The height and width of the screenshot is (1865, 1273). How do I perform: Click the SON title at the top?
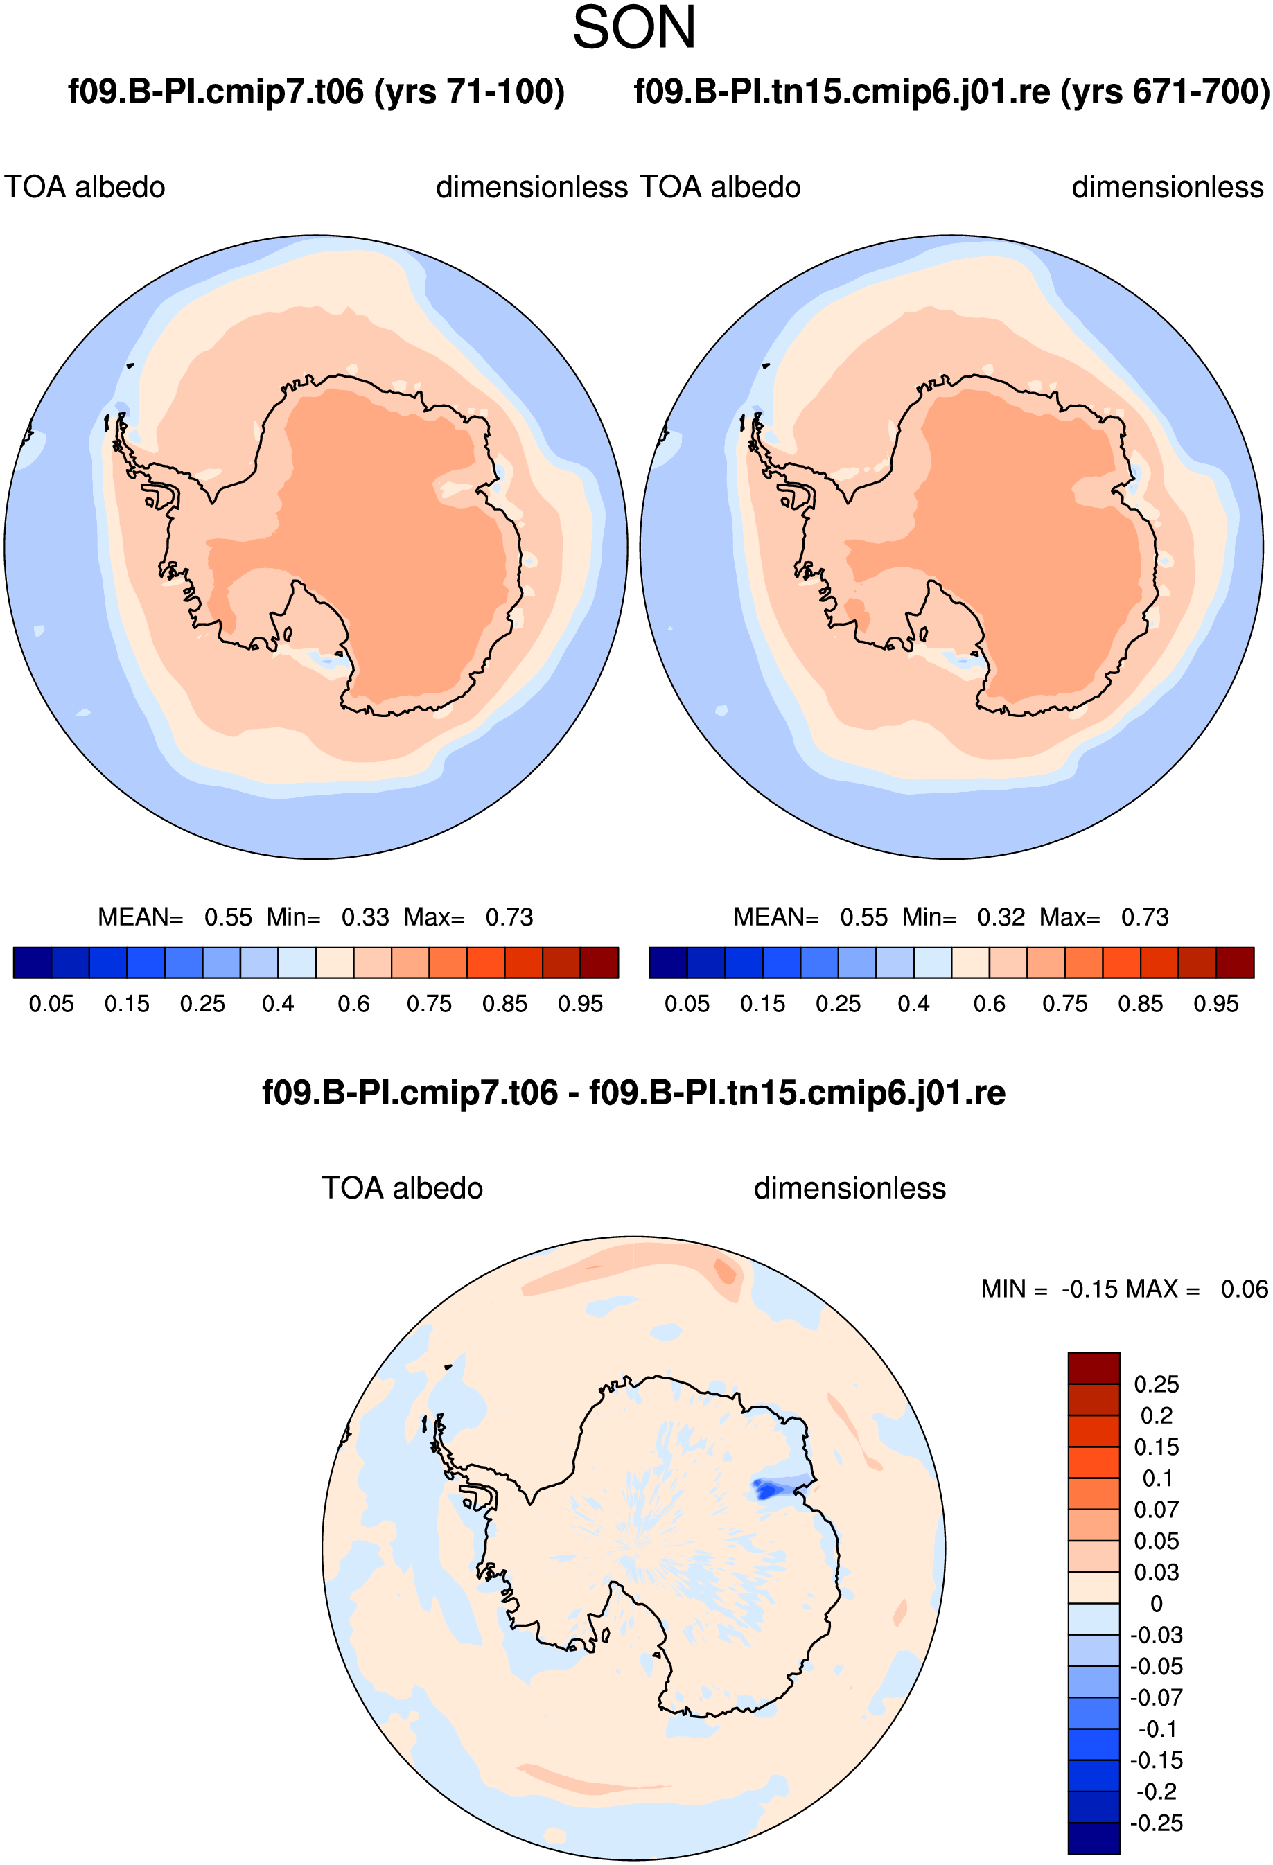point(634,28)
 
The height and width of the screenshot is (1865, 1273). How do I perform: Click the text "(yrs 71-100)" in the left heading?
point(470,91)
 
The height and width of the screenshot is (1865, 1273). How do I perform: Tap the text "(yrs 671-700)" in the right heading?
point(1166,91)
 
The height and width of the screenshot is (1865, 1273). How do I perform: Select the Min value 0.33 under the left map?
point(365,917)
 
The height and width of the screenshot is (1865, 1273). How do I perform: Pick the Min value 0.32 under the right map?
point(1001,917)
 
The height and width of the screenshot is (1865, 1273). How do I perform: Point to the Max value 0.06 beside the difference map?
point(1244,1289)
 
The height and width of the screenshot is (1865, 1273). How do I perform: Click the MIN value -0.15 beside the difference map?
point(1089,1289)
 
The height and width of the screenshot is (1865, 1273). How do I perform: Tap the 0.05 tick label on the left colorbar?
point(51,1004)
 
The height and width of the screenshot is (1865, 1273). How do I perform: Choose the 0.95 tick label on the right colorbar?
point(1216,1004)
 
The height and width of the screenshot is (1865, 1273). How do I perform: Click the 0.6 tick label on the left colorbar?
point(353,1004)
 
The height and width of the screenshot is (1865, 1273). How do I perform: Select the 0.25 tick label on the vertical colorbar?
point(1157,1384)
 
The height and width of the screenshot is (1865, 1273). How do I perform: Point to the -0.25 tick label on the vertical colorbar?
point(1157,1823)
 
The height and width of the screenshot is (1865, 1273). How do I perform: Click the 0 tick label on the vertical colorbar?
point(1157,1603)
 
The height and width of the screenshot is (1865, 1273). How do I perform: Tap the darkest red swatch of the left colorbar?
point(599,962)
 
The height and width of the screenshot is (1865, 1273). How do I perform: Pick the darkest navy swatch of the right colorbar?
point(668,962)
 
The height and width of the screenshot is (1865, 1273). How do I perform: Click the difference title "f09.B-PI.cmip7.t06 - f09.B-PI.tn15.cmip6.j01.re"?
point(634,1093)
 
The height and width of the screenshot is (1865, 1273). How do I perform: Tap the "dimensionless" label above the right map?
point(1168,187)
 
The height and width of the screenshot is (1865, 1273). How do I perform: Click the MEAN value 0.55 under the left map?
point(228,917)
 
